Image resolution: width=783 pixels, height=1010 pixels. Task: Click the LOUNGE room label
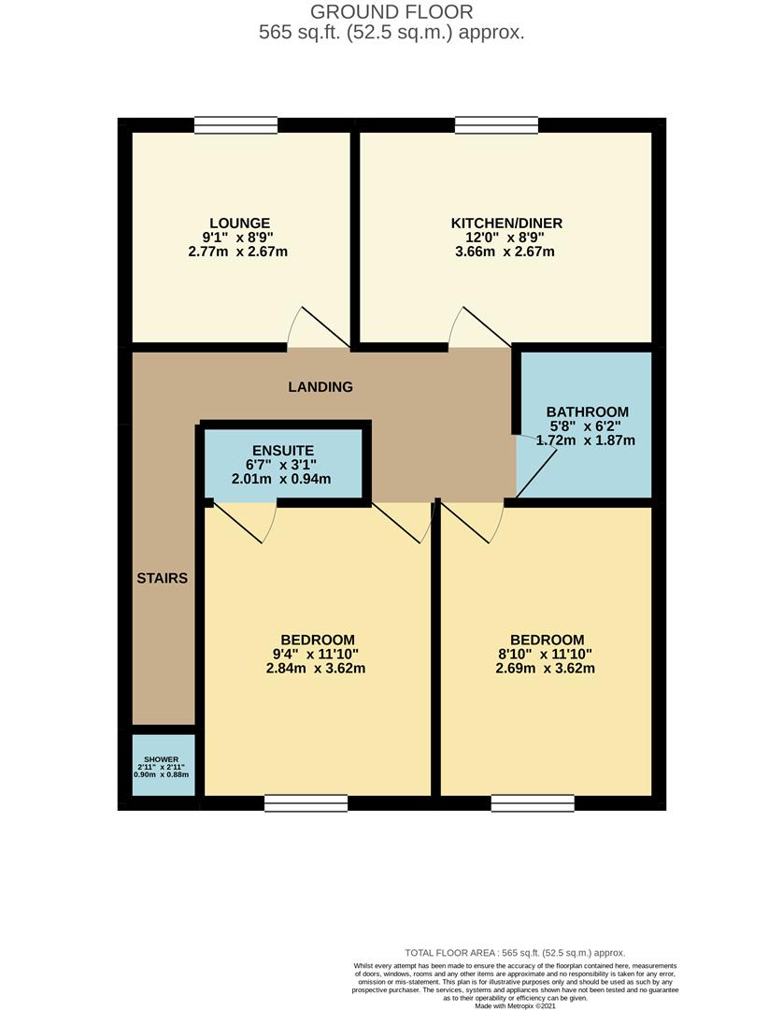[x=239, y=224]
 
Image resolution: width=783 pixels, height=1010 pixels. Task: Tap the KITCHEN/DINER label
[x=506, y=224]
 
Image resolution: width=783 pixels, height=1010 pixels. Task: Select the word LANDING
[x=320, y=387]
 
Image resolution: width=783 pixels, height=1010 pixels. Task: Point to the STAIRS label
[x=163, y=579]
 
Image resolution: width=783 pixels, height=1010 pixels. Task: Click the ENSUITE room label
[x=283, y=451]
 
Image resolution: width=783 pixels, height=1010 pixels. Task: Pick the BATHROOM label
[x=588, y=412]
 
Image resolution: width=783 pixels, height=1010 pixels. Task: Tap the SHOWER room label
[x=161, y=759]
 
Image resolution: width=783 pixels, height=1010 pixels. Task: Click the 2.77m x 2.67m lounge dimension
[x=238, y=252]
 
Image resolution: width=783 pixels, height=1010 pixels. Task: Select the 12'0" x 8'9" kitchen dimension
[x=505, y=238]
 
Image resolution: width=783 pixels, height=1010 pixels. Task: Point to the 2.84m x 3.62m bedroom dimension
[x=316, y=669]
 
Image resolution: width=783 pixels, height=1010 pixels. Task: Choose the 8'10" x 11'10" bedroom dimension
[x=546, y=655]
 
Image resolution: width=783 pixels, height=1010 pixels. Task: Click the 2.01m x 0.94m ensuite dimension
[x=281, y=479]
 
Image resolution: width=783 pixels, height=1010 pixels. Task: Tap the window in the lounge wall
[x=236, y=125]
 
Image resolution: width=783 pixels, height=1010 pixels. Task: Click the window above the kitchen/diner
[x=497, y=125]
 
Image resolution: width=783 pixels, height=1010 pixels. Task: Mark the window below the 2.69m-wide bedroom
[x=533, y=803]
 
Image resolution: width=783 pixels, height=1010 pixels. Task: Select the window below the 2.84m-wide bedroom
[x=306, y=803]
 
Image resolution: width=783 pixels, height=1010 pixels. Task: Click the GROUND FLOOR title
[x=391, y=11]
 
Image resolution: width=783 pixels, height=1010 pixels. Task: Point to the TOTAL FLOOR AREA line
[x=515, y=953]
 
